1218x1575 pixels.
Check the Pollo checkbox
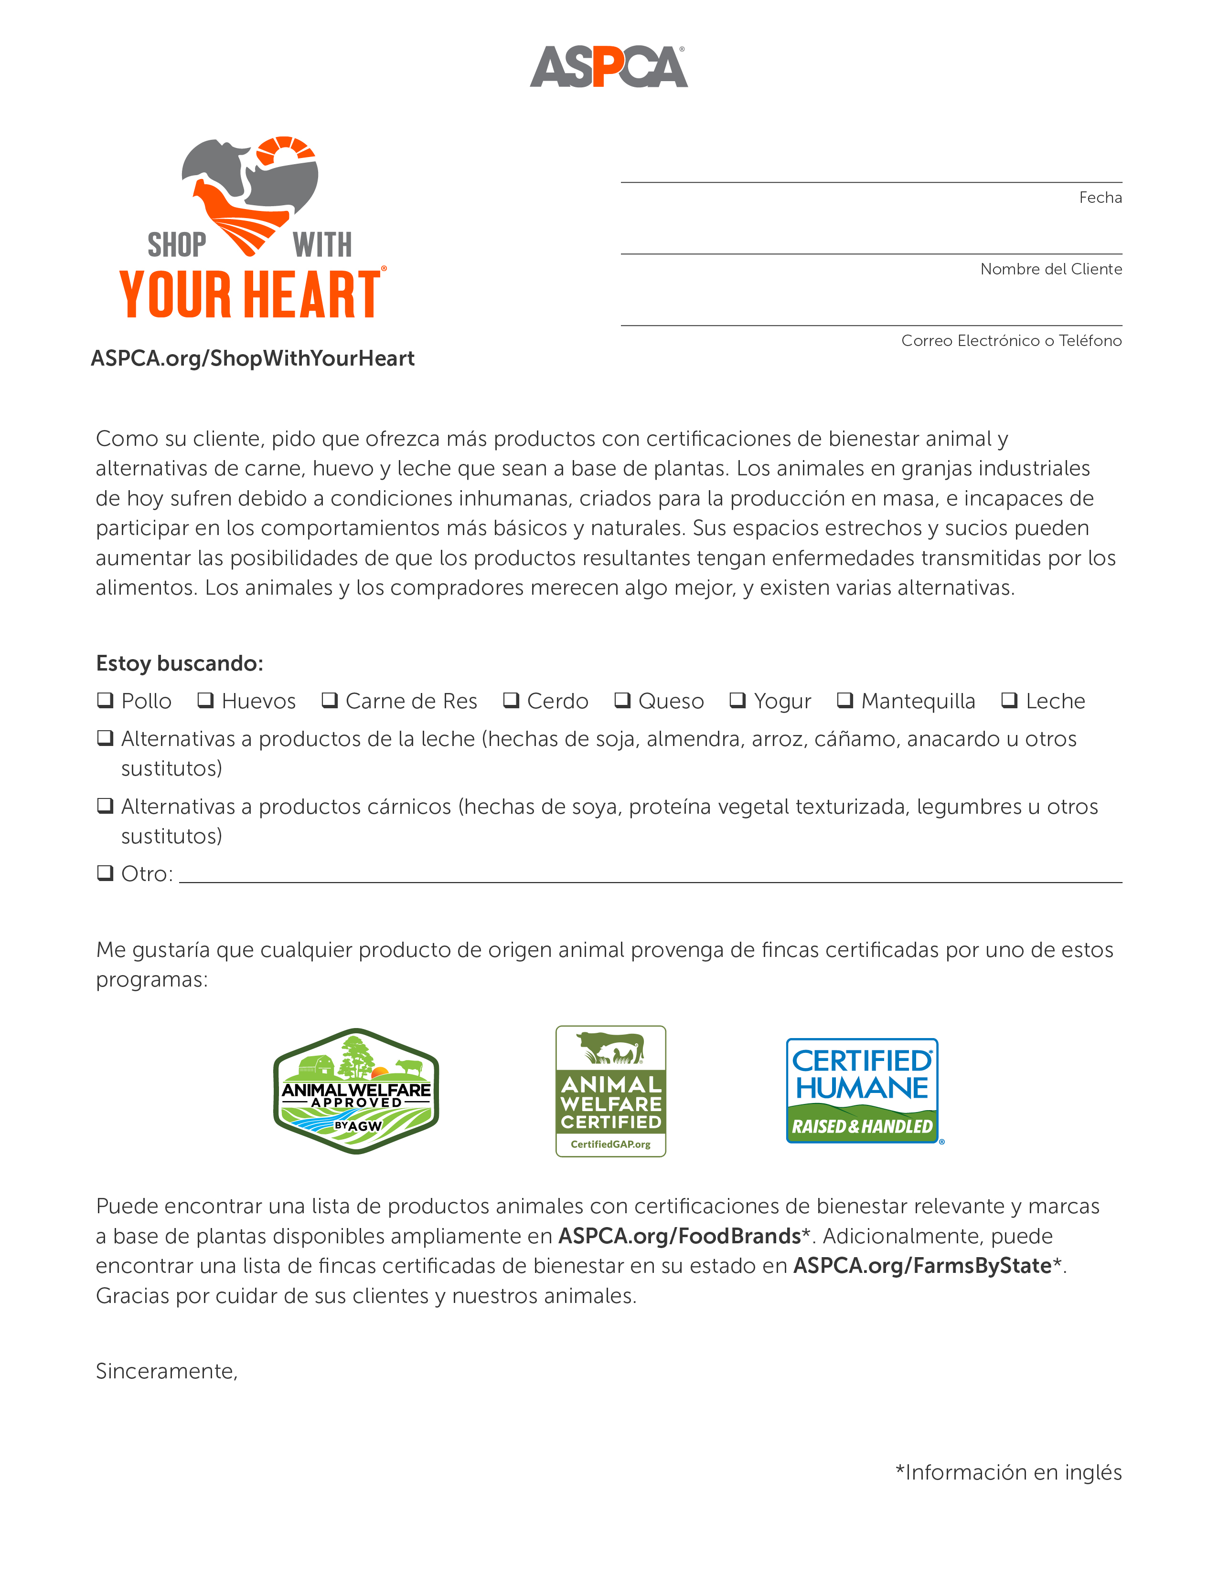point(106,700)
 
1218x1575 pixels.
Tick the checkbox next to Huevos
point(206,700)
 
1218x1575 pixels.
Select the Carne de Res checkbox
point(330,700)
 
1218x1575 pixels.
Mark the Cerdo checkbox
point(511,700)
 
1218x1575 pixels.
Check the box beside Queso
point(622,700)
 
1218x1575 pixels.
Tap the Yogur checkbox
point(737,700)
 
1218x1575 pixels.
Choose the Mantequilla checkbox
point(845,700)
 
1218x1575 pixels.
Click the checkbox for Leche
point(1009,700)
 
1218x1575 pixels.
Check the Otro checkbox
point(106,872)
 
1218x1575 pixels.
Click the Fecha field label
point(1100,198)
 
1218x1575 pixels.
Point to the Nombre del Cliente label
point(1051,269)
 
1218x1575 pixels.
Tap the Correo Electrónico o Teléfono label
point(1011,340)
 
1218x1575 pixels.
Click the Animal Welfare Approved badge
point(356,1091)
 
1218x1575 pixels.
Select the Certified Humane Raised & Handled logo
point(863,1091)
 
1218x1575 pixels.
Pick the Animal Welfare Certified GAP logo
point(610,1091)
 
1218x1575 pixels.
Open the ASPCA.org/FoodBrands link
point(679,1236)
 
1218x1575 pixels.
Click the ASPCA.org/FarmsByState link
point(921,1266)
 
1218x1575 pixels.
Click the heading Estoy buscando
point(180,663)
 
